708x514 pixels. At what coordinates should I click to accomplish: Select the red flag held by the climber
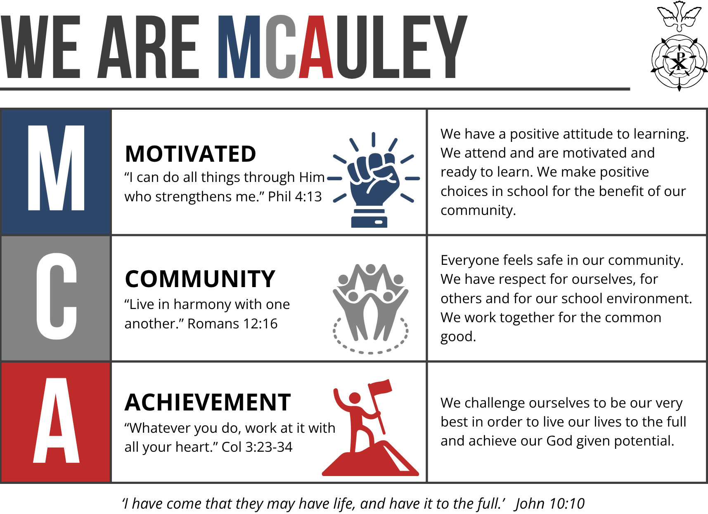[381, 387]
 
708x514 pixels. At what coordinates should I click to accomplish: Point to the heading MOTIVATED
[190, 154]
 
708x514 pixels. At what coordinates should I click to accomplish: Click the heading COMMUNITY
[200, 279]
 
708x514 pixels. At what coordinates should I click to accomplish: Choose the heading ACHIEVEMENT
[208, 402]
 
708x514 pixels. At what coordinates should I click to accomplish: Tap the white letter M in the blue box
[56, 167]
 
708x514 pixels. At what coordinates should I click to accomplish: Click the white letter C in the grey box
[57, 296]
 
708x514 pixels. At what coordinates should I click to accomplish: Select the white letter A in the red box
[56, 420]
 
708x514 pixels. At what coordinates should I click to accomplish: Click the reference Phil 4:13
[295, 196]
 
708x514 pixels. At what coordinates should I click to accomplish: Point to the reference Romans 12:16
[232, 323]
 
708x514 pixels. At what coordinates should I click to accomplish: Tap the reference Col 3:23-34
[257, 447]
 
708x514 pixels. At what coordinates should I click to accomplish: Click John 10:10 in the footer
[549, 503]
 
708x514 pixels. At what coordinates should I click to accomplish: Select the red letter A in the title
[316, 47]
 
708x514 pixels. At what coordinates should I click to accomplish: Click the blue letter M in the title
[239, 47]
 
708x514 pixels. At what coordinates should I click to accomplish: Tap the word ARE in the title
[149, 47]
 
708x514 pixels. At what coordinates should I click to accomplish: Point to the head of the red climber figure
[355, 398]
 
